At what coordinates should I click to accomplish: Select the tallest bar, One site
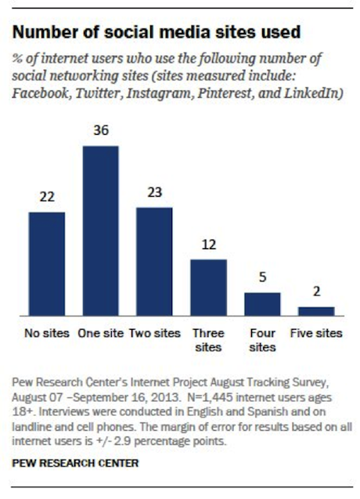pos(100,231)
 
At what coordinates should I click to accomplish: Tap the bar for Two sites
pos(154,262)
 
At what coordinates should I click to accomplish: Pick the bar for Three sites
pos(208,287)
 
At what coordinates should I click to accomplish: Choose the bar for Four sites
pos(262,304)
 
